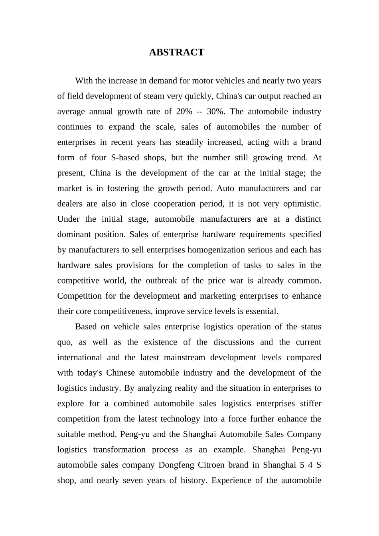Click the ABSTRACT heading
coord(176,52)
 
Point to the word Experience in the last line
coord(231,481)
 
